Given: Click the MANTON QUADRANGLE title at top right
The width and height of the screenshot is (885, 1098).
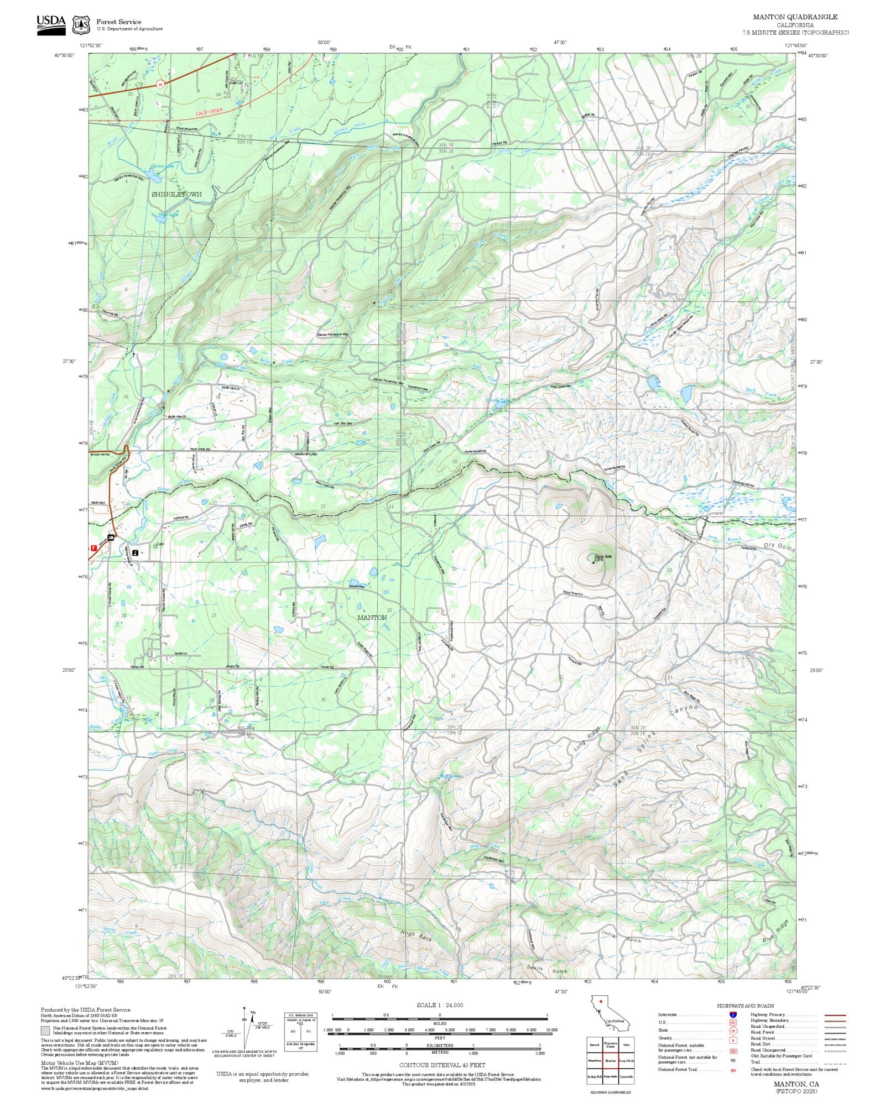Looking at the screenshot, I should pos(795,17).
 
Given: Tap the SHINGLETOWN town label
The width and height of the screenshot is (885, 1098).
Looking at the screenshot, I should pos(177,195).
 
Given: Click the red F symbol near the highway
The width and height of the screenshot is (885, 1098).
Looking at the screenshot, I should pos(93,548).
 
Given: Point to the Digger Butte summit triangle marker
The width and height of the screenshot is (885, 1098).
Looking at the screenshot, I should pos(594,563).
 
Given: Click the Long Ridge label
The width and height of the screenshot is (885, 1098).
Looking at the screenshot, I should pos(587,738).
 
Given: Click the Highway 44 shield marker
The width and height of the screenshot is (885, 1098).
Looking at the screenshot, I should pos(160,85).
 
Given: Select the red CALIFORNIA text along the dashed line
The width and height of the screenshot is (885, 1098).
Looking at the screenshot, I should pos(209,111).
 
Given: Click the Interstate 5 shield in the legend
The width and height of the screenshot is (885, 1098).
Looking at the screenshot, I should pos(733,1015).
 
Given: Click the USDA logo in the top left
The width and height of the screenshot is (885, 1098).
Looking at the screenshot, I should pos(51,25).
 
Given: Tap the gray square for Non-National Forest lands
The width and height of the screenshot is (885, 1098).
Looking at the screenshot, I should pos(45,1031).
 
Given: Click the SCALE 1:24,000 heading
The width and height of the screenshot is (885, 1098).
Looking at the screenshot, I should pos(440,1005).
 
